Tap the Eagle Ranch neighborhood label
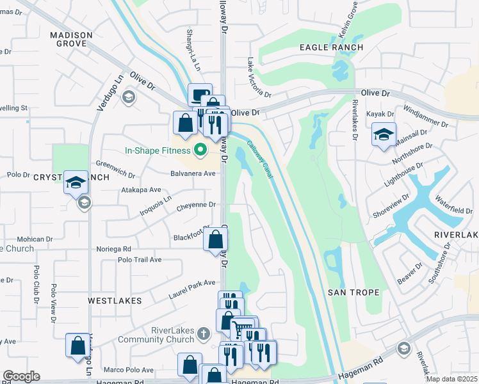pyautogui.click(x=331, y=47)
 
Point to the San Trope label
pyautogui.click(x=354, y=292)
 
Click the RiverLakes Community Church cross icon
pyautogui.click(x=203, y=333)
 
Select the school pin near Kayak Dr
pyautogui.click(x=384, y=134)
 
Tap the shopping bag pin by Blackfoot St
pyautogui.click(x=216, y=241)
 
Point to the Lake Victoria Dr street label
pyautogui.click(x=255, y=77)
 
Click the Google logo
pyautogui.click(x=21, y=376)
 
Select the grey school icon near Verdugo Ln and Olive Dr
pyautogui.click(x=128, y=97)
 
